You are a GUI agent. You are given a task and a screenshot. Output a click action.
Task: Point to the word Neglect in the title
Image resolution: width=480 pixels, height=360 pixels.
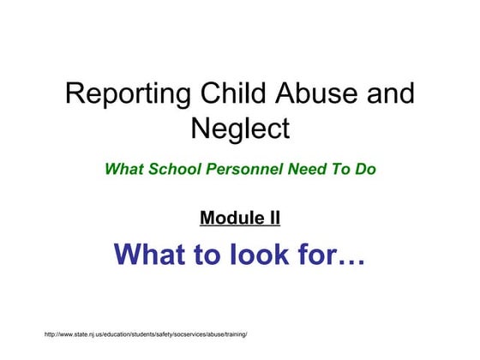[240, 129]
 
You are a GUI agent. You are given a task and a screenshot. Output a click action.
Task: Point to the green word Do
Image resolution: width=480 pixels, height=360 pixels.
[366, 169]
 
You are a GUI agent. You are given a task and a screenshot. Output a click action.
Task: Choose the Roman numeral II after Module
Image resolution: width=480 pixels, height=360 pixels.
[272, 218]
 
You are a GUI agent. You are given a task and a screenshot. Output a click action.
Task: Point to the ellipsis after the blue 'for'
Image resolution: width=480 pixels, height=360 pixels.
[354, 257]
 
